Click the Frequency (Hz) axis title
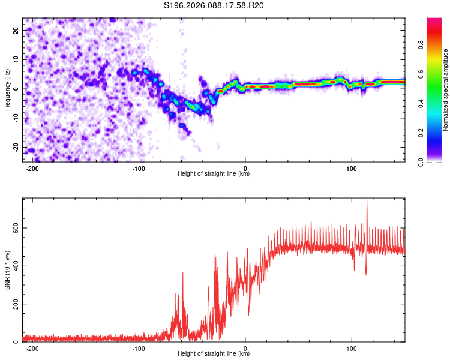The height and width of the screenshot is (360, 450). coord(7,90)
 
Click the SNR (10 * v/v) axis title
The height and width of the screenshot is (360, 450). coord(7,270)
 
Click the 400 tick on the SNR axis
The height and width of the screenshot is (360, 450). coord(13,266)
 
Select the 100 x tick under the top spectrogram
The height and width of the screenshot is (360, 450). coord(352,167)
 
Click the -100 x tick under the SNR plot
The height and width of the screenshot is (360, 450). coord(139,348)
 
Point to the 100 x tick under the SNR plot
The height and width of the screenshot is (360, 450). coord(352,348)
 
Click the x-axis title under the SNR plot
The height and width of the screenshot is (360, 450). coord(214,354)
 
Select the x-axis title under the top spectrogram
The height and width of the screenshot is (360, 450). coord(214,173)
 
